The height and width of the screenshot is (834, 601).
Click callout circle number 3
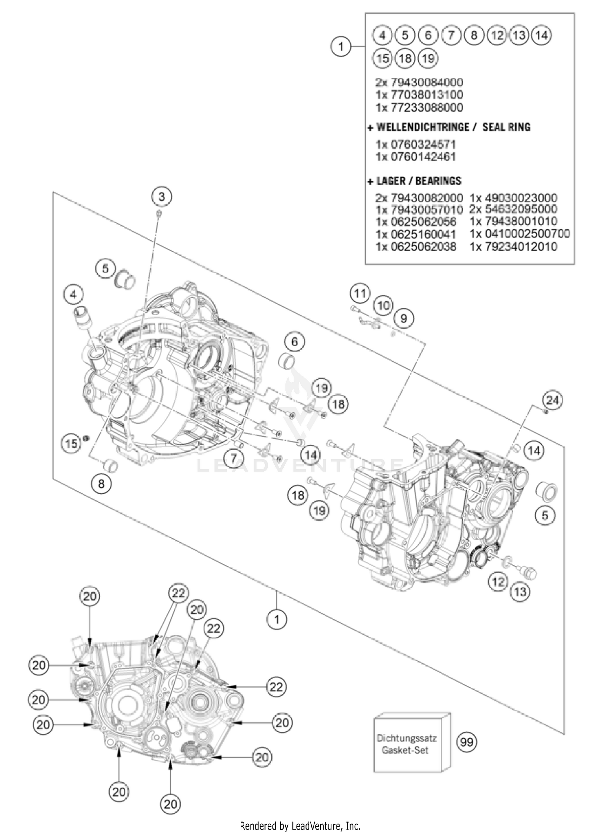(161, 196)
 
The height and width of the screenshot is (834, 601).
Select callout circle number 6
(295, 342)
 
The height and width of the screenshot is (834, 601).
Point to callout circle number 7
(233, 458)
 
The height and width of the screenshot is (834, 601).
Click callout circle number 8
(101, 484)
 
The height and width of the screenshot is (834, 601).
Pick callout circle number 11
(359, 294)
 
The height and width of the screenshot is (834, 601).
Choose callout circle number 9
(403, 318)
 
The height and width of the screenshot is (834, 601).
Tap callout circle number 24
(553, 400)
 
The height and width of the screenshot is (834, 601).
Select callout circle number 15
(71, 443)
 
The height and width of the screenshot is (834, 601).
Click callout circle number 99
(467, 743)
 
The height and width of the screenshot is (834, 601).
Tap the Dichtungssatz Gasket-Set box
(408, 745)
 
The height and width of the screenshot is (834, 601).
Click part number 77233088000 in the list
(419, 108)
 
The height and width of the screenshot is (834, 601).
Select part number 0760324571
(416, 144)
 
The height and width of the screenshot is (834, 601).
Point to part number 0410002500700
(519, 234)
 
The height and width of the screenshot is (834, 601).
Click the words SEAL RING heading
(506, 127)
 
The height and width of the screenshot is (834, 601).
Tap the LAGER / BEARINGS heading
(419, 181)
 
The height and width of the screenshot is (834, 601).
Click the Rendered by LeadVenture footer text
(300, 826)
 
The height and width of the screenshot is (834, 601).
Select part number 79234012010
(513, 246)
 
